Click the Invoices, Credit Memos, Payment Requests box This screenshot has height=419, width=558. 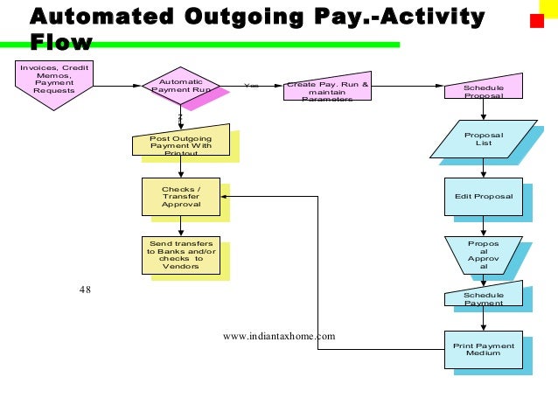[x=54, y=80]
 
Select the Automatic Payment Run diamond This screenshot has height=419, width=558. [x=180, y=86]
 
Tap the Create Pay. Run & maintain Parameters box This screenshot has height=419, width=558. [x=327, y=90]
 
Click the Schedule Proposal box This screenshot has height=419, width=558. [x=483, y=88]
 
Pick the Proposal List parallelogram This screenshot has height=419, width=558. [x=483, y=139]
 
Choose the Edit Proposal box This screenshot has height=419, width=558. [x=483, y=196]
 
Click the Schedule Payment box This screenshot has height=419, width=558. [x=483, y=298]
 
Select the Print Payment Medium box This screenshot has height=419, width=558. [x=483, y=349]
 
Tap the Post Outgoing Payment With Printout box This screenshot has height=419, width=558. [x=180, y=143]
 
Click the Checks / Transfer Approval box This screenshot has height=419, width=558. [x=180, y=196]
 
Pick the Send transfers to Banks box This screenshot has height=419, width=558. [x=180, y=255]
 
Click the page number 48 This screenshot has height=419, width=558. [x=85, y=290]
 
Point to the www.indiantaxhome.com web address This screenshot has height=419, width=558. [x=279, y=335]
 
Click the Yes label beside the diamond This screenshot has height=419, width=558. [x=252, y=86]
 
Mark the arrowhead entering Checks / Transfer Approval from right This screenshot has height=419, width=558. [x=224, y=196]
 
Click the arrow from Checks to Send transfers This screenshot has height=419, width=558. [x=180, y=226]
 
